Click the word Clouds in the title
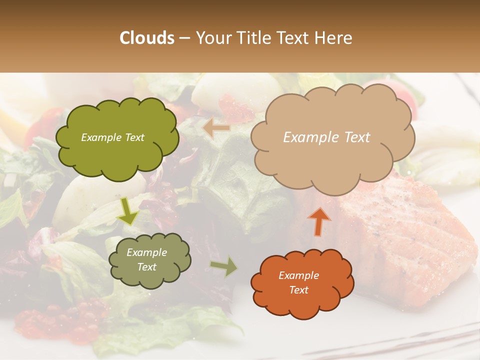147,38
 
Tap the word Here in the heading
334,38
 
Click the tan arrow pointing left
216,128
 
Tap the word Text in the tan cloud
357,137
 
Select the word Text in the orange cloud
299,290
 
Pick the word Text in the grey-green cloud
147,267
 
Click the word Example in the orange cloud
299,275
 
